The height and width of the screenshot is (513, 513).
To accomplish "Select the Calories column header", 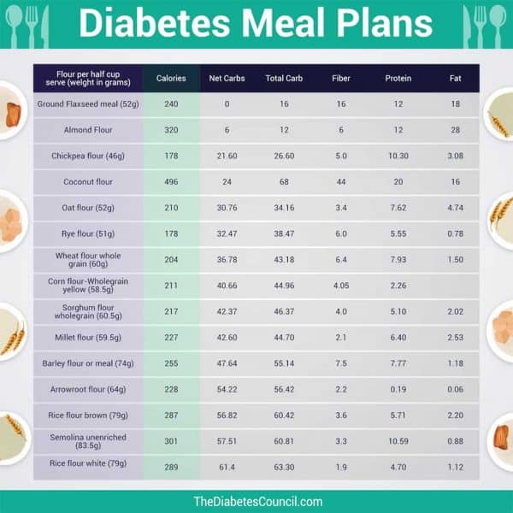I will click(x=171, y=79).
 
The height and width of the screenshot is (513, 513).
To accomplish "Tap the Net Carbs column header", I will click(x=227, y=79).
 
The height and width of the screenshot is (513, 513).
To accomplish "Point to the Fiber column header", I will click(x=341, y=79).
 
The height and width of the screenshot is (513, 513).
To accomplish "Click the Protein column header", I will click(x=398, y=79).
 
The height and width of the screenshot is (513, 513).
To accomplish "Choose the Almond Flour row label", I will click(x=88, y=130).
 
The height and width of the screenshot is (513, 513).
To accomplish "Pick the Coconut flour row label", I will click(x=88, y=182).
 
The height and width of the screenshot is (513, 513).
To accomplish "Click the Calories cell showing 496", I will click(x=171, y=182).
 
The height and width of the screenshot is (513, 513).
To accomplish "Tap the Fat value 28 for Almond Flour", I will click(x=456, y=130).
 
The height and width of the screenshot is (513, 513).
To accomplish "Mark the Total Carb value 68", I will click(x=284, y=182).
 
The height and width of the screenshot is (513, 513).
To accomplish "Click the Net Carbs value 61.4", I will click(x=227, y=468).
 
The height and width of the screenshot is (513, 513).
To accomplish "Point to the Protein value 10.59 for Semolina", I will click(x=398, y=441).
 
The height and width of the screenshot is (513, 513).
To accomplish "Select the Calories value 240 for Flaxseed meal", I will click(x=171, y=104).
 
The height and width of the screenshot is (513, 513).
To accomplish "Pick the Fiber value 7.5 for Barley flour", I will click(x=341, y=363).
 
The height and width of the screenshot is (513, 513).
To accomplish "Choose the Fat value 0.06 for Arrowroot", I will click(x=456, y=389).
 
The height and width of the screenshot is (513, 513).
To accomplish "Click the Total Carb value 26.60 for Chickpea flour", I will click(x=284, y=156).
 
